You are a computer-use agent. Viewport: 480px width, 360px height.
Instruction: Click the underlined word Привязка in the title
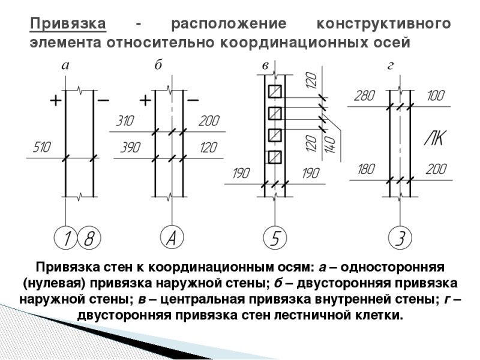pyautogui.click(x=68, y=25)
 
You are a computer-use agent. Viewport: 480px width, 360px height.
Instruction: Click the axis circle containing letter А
pyautogui.click(x=171, y=238)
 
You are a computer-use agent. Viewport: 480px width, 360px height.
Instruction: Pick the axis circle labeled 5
pyautogui.click(x=274, y=238)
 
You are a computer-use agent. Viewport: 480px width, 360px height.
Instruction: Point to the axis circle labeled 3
pyautogui.click(x=398, y=238)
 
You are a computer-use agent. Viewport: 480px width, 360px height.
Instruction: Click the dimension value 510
pyautogui.click(x=43, y=147)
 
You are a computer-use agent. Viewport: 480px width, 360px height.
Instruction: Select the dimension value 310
pyautogui.click(x=124, y=122)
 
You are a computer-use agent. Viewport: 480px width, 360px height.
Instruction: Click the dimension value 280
pyautogui.click(x=364, y=95)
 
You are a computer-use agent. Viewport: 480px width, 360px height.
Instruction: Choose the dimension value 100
pyautogui.click(x=436, y=95)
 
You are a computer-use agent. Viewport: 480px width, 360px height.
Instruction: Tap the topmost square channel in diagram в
pyautogui.click(x=275, y=91)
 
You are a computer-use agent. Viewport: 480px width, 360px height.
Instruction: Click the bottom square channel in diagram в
pyautogui.click(x=275, y=157)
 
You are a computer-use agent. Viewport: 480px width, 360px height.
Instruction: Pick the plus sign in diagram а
pyautogui.click(x=55, y=100)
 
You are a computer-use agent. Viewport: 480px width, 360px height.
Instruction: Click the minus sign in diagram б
pyautogui.click(x=193, y=100)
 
